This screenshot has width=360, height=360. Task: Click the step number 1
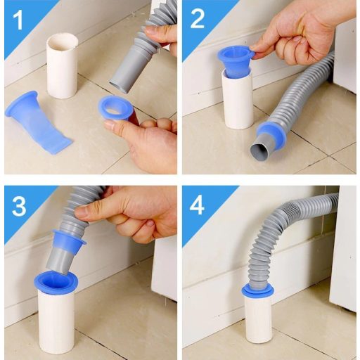pyautogui.click(x=18, y=20)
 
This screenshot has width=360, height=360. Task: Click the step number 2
pyautogui.click(x=197, y=20)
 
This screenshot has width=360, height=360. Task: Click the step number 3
pyautogui.click(x=19, y=206)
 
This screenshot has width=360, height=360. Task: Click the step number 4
pyautogui.click(x=198, y=205)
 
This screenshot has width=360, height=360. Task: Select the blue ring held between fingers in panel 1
pyautogui.click(x=116, y=108)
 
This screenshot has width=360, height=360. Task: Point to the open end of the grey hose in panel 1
pyautogui.click(x=119, y=86)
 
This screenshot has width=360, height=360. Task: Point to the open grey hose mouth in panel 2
pyautogui.click(x=259, y=151)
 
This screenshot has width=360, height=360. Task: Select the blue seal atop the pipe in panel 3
pyautogui.click(x=56, y=282)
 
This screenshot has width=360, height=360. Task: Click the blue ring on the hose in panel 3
pyautogui.click(x=68, y=240)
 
